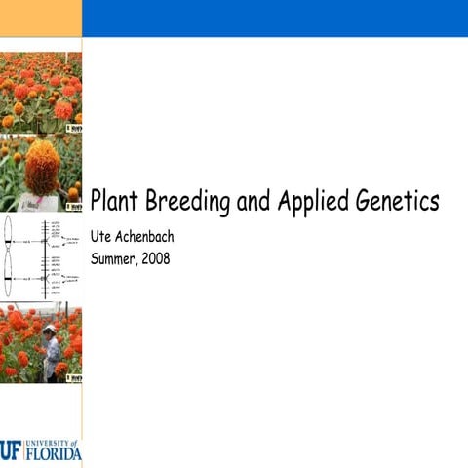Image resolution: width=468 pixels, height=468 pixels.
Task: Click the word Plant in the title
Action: point(115,202)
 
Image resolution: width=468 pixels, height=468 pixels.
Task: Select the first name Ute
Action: point(101,237)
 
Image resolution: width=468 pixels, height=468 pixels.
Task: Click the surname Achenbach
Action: point(145,237)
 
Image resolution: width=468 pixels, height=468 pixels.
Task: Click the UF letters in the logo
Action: point(11,449)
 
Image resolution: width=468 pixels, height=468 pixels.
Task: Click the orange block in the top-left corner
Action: point(40,18)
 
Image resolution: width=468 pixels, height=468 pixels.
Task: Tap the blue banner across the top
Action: point(274,18)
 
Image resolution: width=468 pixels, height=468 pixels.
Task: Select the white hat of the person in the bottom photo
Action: point(48,331)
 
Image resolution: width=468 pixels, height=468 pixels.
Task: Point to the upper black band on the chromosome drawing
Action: point(8,240)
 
